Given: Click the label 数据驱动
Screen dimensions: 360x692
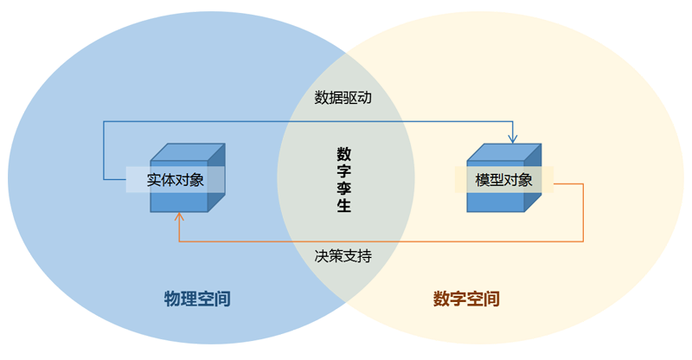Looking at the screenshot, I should [x=343, y=98].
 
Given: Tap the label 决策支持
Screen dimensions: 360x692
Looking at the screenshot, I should [x=343, y=256].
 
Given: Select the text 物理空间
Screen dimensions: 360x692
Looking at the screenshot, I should [x=197, y=299].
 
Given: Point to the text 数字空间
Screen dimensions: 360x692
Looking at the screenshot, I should [x=466, y=299].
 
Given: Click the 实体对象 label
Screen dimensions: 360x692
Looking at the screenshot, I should [x=175, y=180].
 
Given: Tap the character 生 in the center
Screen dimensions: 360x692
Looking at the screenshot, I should [x=344, y=206].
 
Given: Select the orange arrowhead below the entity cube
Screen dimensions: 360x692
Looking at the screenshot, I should [x=179, y=218].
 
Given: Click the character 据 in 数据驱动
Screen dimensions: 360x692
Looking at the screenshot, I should [x=336, y=98].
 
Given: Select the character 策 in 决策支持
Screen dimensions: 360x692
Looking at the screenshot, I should [x=336, y=256].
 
